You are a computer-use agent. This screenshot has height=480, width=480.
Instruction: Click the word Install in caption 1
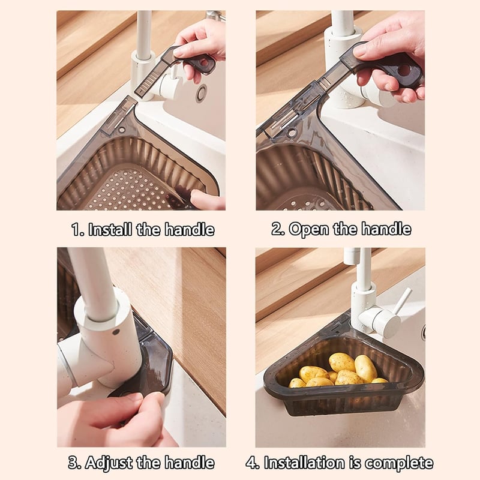[110, 229]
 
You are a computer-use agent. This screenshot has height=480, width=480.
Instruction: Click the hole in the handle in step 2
[404, 71]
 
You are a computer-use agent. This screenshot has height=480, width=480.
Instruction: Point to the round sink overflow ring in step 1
[202, 93]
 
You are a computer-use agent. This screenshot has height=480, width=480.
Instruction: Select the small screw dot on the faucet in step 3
[116, 332]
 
